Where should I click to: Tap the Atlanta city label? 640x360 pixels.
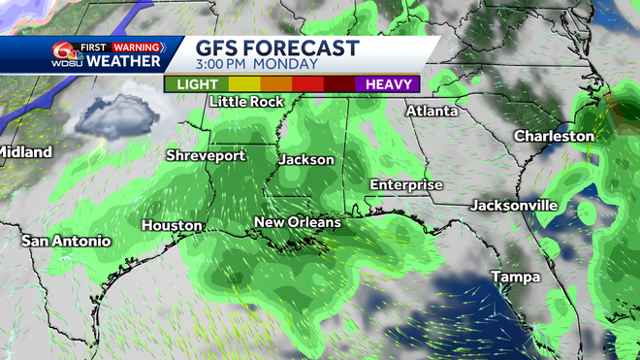(x=432, y=111)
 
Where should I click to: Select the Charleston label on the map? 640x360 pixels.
(x=553, y=136)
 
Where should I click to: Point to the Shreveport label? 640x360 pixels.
(x=205, y=155)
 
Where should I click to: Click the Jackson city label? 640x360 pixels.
(x=306, y=159)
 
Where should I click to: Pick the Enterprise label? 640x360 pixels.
(x=406, y=184)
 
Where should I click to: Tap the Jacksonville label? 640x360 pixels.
(x=514, y=206)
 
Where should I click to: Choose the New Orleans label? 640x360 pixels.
(x=298, y=223)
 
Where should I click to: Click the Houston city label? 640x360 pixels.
(x=172, y=225)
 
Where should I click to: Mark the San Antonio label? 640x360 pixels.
(x=67, y=241)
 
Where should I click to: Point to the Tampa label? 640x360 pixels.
(x=515, y=278)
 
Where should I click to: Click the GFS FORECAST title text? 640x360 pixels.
(x=276, y=48)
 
